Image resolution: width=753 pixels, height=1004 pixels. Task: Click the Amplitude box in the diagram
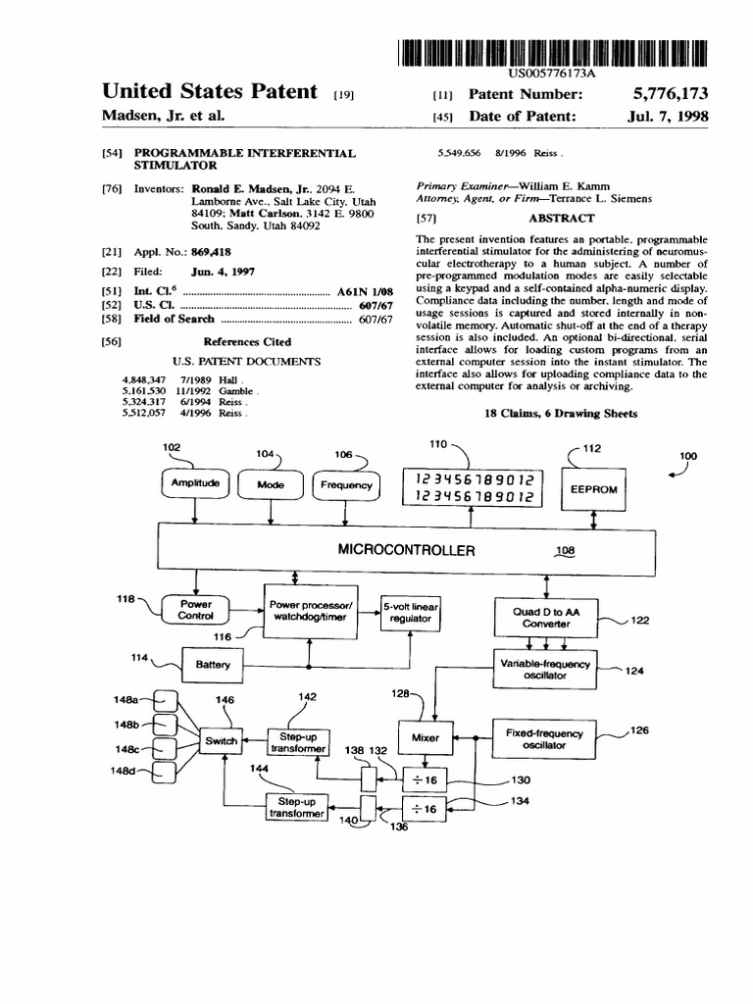click(194, 484)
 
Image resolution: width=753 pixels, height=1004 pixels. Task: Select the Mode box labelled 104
click(270, 484)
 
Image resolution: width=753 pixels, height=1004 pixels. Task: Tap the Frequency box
click(345, 484)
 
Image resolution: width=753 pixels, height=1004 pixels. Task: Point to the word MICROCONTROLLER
click(406, 550)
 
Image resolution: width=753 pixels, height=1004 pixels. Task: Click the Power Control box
click(195, 610)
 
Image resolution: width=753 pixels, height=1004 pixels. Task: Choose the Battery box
click(212, 665)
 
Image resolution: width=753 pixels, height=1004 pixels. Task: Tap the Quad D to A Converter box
click(546, 618)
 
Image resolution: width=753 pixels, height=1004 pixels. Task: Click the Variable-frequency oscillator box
click(546, 670)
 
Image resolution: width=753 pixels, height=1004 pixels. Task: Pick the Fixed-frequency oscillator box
click(543, 738)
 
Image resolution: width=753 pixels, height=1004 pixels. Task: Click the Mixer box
click(426, 737)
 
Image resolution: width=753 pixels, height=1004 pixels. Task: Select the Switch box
click(222, 741)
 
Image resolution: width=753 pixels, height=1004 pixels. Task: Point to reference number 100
click(691, 456)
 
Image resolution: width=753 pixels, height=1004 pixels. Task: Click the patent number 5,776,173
click(671, 94)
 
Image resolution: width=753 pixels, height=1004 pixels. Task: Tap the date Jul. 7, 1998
click(668, 116)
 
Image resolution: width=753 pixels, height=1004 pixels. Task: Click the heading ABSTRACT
click(561, 219)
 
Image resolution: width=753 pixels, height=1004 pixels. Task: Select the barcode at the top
click(555, 51)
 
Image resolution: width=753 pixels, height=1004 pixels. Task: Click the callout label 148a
click(127, 699)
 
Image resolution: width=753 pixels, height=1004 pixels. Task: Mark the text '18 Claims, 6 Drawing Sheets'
click(561, 414)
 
